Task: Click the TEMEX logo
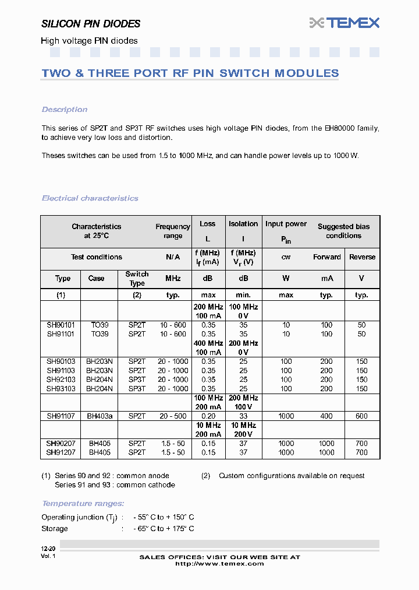pyautogui.click(x=344, y=23)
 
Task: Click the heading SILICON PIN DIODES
pyautogui.click(x=91, y=24)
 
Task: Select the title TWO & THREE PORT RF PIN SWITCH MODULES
pyautogui.click(x=190, y=73)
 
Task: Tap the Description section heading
pyautogui.click(x=65, y=110)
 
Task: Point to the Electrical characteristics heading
pyautogui.click(x=90, y=198)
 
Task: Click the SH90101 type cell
pyautogui.click(x=61, y=325)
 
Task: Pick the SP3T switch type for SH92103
pyautogui.click(x=137, y=380)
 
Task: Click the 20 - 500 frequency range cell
pyautogui.click(x=173, y=416)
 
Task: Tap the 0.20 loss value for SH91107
pyautogui.click(x=208, y=416)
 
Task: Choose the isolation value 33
pyautogui.click(x=243, y=416)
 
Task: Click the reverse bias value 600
pyautogui.click(x=361, y=416)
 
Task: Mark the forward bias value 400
pyautogui.click(x=326, y=416)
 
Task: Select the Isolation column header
pyautogui.click(x=243, y=224)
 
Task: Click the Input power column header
pyautogui.click(x=286, y=224)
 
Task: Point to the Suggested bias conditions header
pyautogui.click(x=343, y=231)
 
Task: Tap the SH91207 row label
pyautogui.click(x=61, y=452)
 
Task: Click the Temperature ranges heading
pyautogui.click(x=83, y=504)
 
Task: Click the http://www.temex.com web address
pyautogui.click(x=219, y=564)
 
